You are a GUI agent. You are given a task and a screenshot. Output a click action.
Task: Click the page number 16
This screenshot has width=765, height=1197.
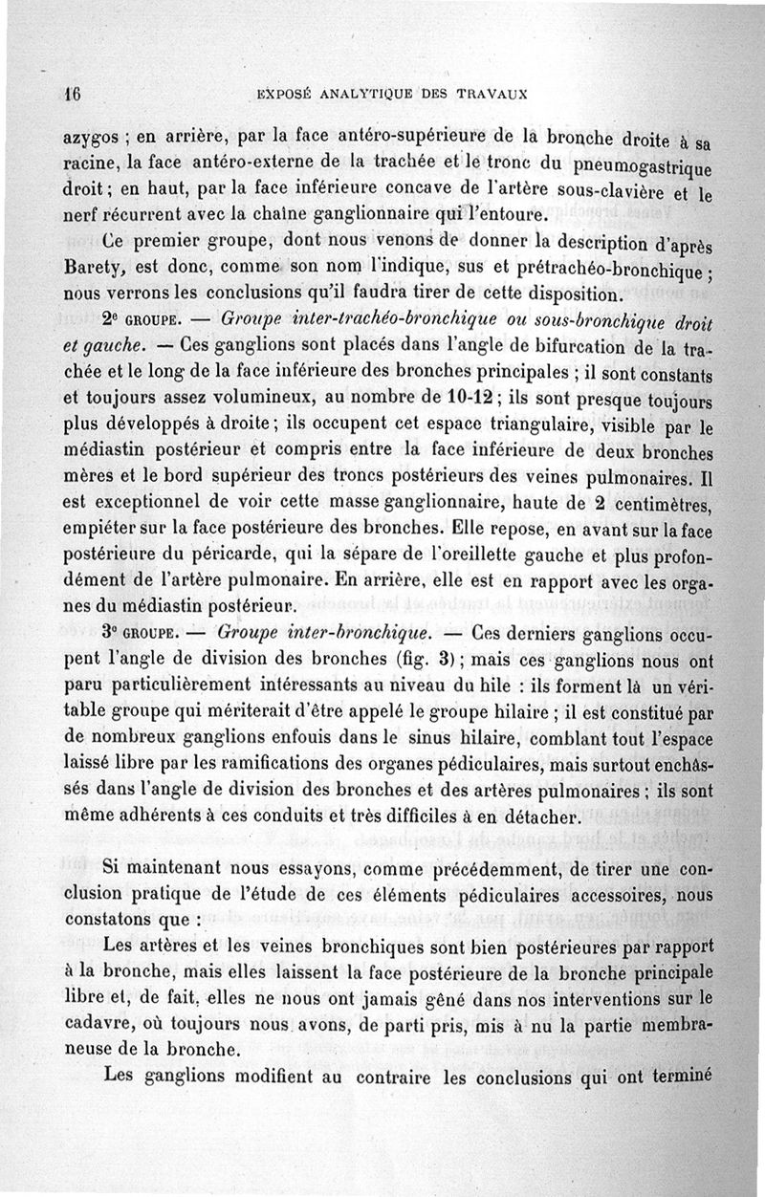tap(69, 95)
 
